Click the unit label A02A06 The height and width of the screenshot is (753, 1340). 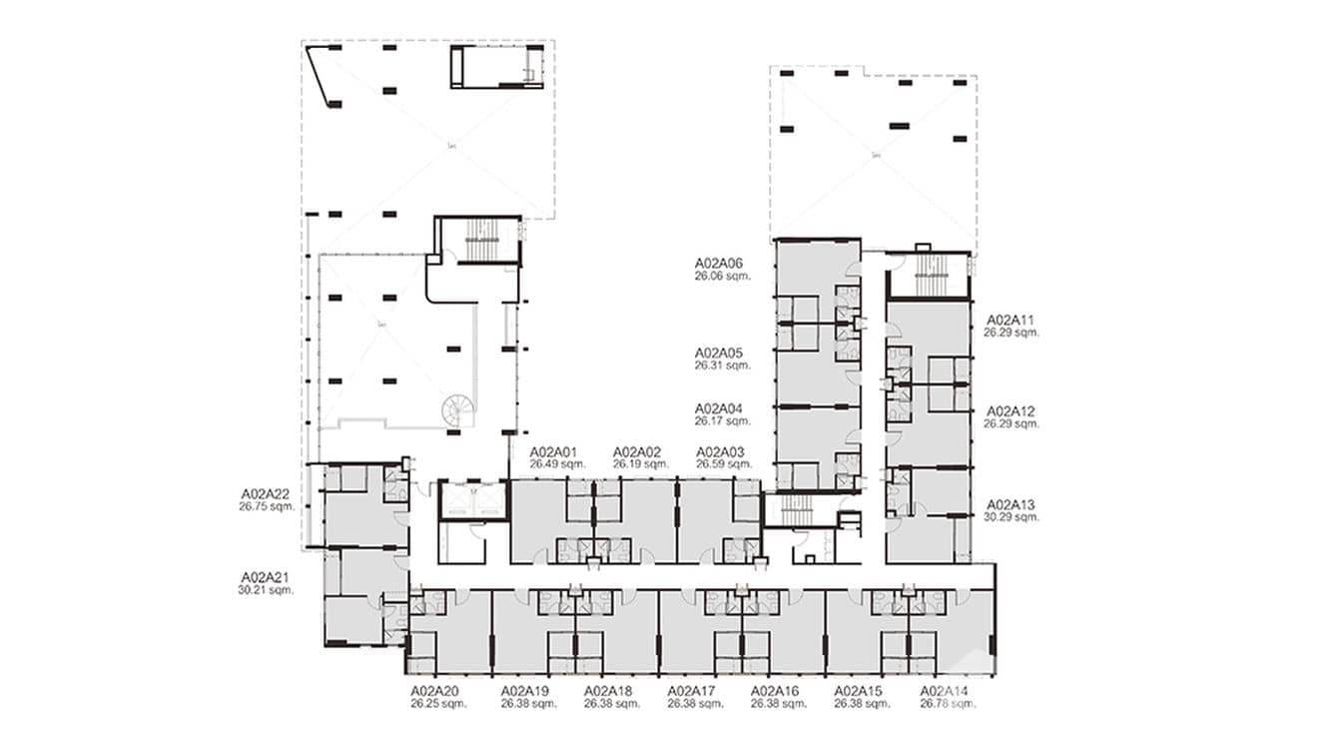(x=720, y=265)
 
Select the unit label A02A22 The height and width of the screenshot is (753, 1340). (x=265, y=493)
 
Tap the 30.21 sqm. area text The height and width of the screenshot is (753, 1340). (x=265, y=590)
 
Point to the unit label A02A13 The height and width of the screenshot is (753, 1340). (x=1011, y=504)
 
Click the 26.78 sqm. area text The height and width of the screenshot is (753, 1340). (x=944, y=703)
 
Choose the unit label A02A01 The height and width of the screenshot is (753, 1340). (x=554, y=451)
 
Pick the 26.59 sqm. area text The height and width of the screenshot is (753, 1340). (x=723, y=463)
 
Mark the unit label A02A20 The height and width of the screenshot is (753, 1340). (x=434, y=691)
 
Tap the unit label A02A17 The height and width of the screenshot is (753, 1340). (x=692, y=691)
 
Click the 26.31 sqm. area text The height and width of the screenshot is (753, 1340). (x=722, y=366)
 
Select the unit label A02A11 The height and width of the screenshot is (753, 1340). (x=1011, y=321)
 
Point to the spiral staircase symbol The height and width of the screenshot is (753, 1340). (x=458, y=408)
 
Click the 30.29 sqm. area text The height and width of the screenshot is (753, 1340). (x=1011, y=516)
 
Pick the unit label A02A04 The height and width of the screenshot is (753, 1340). (x=720, y=408)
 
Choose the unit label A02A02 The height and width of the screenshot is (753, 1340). (x=638, y=451)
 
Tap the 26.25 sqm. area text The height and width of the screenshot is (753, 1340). (x=434, y=703)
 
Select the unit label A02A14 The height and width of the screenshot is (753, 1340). (x=944, y=691)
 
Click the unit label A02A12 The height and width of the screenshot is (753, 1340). (x=1011, y=411)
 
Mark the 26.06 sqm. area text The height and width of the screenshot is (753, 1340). (x=722, y=277)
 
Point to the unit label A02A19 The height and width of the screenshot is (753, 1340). (x=525, y=691)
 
